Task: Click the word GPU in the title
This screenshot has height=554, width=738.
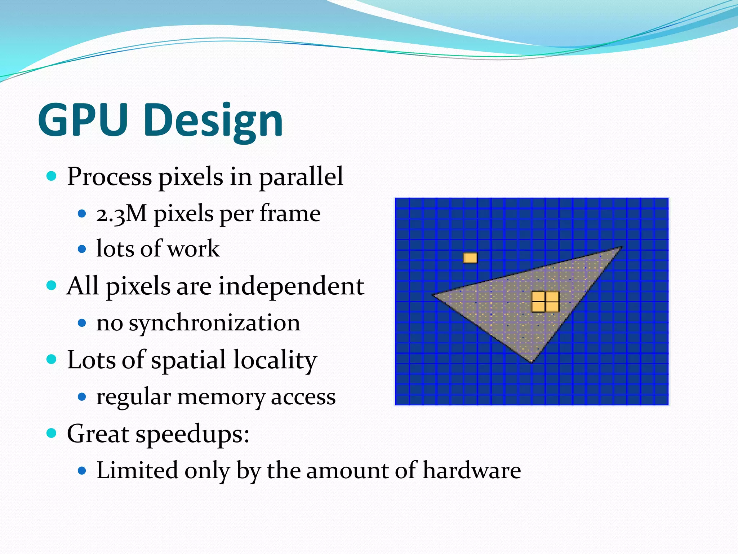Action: (x=84, y=120)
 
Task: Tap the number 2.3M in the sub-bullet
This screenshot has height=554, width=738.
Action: (x=121, y=214)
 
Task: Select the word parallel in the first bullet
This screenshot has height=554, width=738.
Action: (x=301, y=177)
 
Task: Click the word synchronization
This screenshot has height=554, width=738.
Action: (x=214, y=323)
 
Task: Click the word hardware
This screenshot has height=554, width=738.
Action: (x=471, y=470)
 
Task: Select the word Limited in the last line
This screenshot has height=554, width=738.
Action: (x=137, y=470)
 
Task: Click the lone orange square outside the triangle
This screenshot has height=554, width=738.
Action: (x=470, y=258)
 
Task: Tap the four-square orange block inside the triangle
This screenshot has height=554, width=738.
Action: (x=545, y=302)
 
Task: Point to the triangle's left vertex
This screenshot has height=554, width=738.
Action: (x=434, y=295)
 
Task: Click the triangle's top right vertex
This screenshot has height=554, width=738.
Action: (x=621, y=248)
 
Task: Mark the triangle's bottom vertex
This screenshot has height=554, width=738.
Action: (x=532, y=362)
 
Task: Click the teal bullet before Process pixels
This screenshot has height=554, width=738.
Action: (x=52, y=176)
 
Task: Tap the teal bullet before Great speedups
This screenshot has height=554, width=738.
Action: (x=52, y=433)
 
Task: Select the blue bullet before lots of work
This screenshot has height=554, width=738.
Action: (x=82, y=249)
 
